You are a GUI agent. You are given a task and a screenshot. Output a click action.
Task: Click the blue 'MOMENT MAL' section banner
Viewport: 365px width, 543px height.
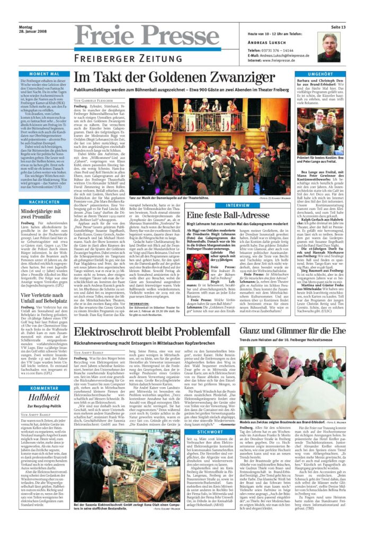44,74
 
